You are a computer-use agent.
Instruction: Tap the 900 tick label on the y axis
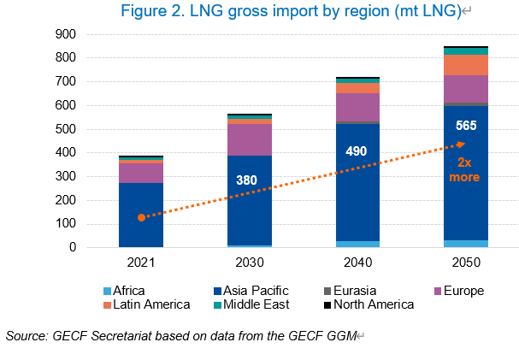click(88, 34)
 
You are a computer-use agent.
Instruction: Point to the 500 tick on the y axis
click(88, 129)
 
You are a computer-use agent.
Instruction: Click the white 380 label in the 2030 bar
click(249, 180)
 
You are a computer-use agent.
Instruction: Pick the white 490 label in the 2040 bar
click(357, 151)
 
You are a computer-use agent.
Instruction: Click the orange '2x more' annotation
click(466, 168)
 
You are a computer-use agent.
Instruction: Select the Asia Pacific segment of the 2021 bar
click(141, 214)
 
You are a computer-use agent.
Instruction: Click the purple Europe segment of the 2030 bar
click(249, 139)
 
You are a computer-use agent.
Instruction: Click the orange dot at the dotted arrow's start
click(141, 217)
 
